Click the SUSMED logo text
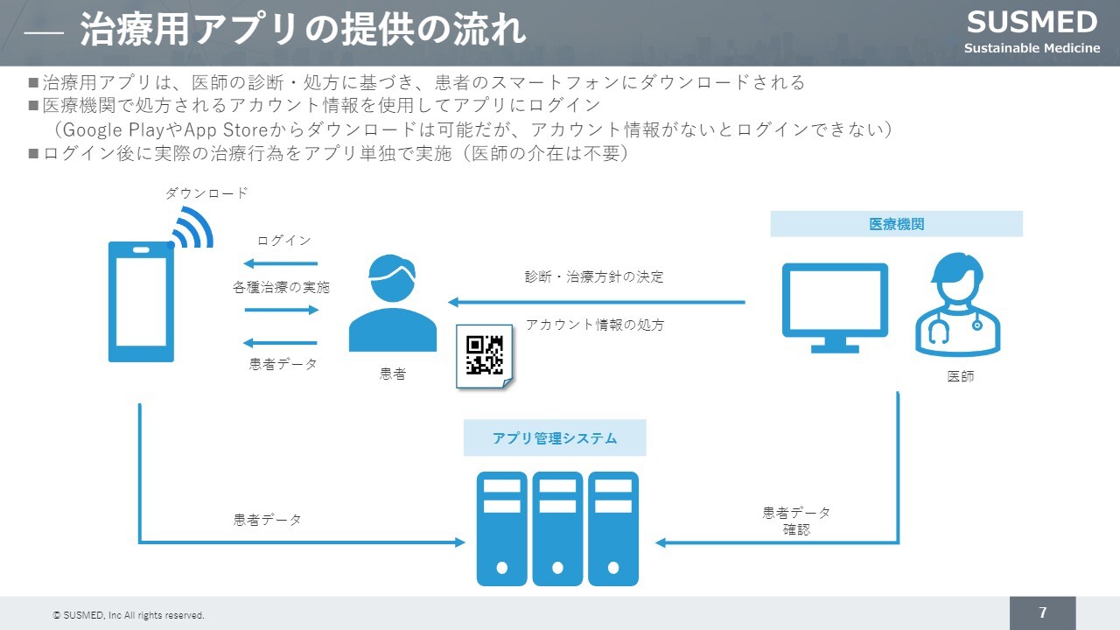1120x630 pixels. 1032,23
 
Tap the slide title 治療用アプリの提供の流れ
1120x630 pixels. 303,30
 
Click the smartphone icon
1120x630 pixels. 141,301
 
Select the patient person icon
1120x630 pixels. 392,304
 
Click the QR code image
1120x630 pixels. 484,355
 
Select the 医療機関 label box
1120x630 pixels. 896,224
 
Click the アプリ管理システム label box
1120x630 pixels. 554,438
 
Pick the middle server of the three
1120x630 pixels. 557,528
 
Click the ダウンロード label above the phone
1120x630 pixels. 206,193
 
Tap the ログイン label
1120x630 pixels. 283,241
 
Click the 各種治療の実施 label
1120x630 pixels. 282,287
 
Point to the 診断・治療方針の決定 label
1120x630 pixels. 594,276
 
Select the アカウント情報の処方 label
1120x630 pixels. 594,325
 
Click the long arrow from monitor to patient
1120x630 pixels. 596,303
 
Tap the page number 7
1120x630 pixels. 1042,612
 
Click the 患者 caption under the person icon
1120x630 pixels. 393,374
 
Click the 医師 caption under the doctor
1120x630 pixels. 960,376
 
